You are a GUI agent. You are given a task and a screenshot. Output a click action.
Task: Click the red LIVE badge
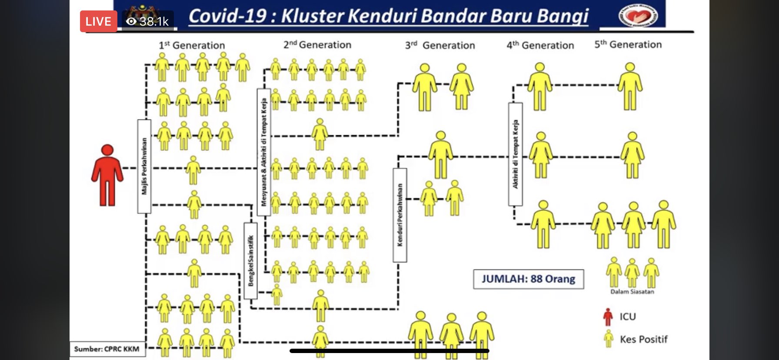[98, 21]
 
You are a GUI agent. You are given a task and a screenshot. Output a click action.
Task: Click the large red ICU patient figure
[107, 175]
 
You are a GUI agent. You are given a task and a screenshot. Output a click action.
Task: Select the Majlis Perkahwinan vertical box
[144, 166]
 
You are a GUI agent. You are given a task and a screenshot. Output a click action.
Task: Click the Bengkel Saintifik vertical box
[250, 260]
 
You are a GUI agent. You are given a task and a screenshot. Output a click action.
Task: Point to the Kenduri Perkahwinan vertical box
[400, 215]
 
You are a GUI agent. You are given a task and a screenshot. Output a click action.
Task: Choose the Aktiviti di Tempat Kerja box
[516, 154]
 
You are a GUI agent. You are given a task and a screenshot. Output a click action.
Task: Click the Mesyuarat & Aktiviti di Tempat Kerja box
[264, 152]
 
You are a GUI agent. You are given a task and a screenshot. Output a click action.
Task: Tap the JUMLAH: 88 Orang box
[528, 279]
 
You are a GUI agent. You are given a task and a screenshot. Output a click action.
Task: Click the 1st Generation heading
[192, 45]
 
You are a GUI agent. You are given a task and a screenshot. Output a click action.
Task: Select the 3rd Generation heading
[440, 45]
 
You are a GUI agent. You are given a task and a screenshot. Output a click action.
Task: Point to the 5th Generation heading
[628, 44]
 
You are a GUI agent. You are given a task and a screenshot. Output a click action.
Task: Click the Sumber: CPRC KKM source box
[107, 349]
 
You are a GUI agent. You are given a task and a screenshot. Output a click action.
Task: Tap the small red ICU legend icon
[608, 317]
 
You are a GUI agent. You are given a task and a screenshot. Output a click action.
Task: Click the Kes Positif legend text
[643, 339]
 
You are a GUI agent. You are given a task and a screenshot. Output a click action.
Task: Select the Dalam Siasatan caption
[632, 292]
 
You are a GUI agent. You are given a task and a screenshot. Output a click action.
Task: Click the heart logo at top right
[638, 16]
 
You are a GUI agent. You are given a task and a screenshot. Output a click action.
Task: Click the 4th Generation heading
[540, 45]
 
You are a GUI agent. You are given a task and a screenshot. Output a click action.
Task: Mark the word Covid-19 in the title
[227, 16]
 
